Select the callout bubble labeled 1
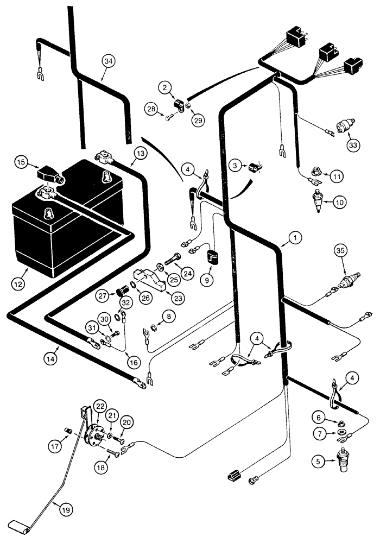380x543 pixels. tap(294, 237)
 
